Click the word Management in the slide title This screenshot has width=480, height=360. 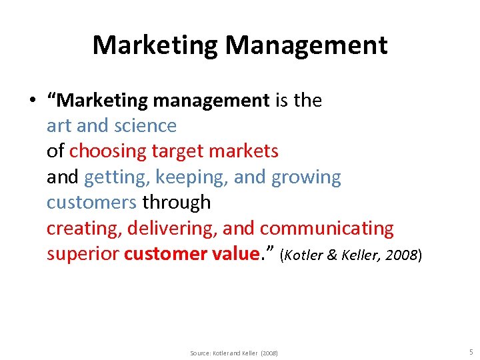[306, 45]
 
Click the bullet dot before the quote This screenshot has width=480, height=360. [31, 101]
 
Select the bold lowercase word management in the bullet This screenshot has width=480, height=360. [211, 101]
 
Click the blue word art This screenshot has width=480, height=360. [59, 126]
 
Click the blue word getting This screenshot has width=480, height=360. [116, 177]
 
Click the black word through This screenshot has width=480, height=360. [177, 203]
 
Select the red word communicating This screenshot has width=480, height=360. [327, 228]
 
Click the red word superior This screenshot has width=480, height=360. [82, 254]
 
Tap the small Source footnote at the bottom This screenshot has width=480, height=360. [233, 353]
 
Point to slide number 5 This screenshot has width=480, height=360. [470, 351]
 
